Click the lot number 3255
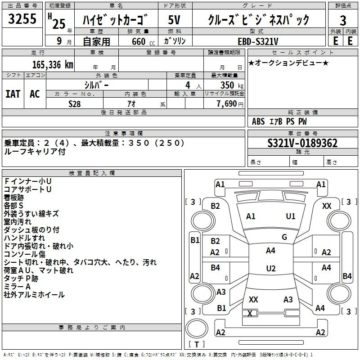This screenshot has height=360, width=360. pyautogui.click(x=22, y=18)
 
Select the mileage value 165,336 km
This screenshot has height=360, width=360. pyautogui.click(x=53, y=65)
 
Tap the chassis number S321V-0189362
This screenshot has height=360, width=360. pyautogui.click(x=302, y=143)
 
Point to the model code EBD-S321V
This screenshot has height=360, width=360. pyautogui.click(x=258, y=41)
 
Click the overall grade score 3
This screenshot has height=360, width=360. pyautogui.click(x=343, y=20)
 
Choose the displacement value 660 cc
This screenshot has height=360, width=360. pyautogui.click(x=143, y=41)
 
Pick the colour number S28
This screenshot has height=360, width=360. pyautogui.click(x=74, y=104)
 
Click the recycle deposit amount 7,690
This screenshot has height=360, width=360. pyautogui.click(x=226, y=104)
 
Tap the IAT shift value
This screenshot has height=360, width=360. pyautogui.click(x=13, y=94)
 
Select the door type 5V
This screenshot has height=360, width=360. pyautogui.click(x=174, y=20)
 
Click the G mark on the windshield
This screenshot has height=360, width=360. pyautogui.click(x=284, y=237)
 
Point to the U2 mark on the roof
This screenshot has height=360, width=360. pyautogui.click(x=271, y=268)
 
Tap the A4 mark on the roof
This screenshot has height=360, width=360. pyautogui.click(x=270, y=251)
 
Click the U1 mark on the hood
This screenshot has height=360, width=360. pyautogui.click(x=290, y=216)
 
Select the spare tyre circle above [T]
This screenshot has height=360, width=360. pyautogui.click(x=197, y=328)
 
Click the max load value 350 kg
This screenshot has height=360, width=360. pyautogui.click(x=232, y=85)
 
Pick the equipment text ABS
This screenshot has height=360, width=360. pyautogui.click(x=258, y=121)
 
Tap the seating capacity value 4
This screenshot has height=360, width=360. pyautogui.click(x=188, y=85)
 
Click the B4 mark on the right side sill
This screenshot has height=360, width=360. pyautogui.click(x=347, y=276)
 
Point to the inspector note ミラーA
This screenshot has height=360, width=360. pyautogui.click(x=17, y=287)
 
